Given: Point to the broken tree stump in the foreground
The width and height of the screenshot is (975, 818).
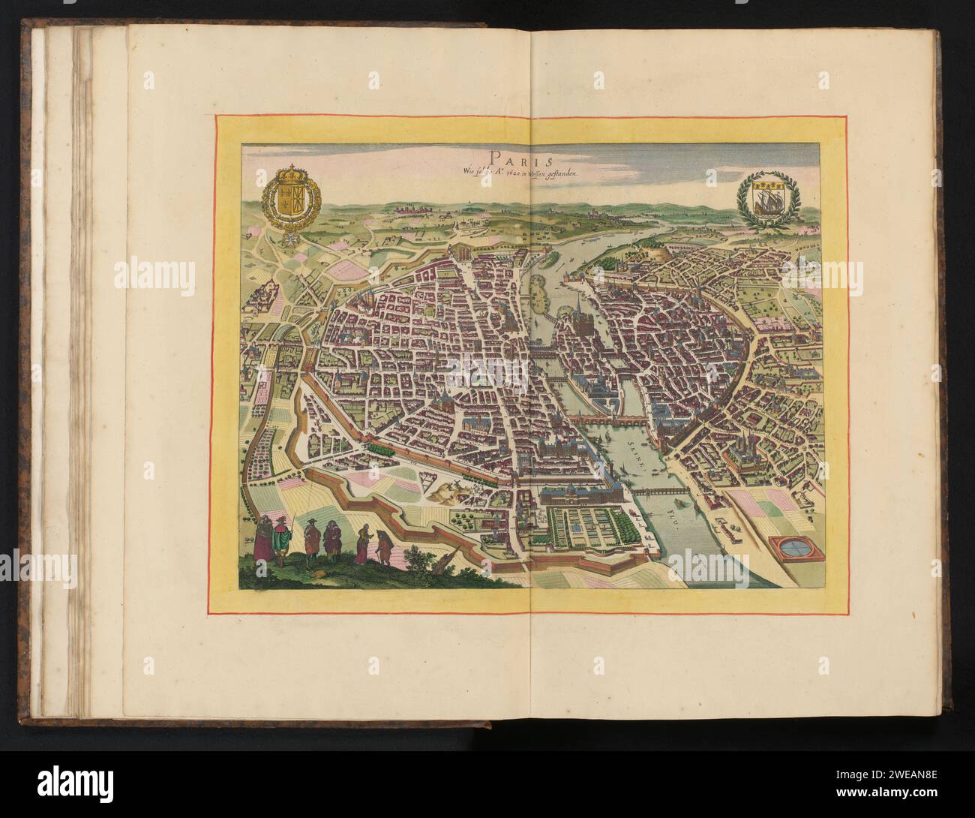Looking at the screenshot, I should pos(449,564).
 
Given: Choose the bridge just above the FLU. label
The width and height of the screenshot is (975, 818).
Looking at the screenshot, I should pos(655,491).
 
